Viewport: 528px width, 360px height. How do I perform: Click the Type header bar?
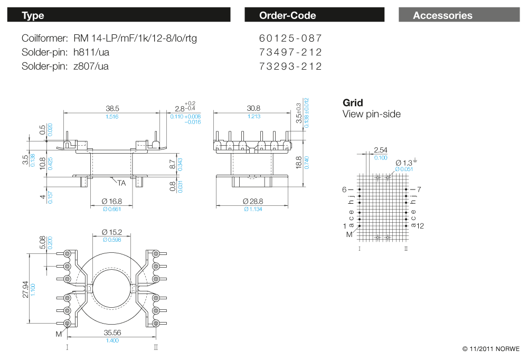point(119,15)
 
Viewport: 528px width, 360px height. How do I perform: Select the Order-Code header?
point(314,15)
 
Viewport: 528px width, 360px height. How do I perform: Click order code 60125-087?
point(290,39)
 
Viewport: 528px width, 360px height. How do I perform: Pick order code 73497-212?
point(290,52)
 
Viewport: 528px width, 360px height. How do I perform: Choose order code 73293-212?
point(290,66)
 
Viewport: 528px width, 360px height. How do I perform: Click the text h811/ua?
point(91,52)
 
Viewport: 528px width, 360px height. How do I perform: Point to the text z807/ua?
point(91,66)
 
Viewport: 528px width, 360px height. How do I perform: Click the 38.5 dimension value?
point(112,108)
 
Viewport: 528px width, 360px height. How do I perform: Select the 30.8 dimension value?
point(253,108)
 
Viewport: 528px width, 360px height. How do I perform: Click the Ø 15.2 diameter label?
point(111,232)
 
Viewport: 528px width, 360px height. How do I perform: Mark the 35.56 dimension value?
point(111,333)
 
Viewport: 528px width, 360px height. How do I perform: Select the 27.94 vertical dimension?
point(25,289)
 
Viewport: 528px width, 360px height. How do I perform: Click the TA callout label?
point(121,183)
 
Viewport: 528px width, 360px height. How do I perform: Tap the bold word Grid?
point(353,102)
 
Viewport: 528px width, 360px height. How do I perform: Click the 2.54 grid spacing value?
point(381,150)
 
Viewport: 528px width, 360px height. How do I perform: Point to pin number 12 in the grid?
point(420,226)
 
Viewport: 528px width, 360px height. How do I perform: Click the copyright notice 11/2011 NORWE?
point(491,349)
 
